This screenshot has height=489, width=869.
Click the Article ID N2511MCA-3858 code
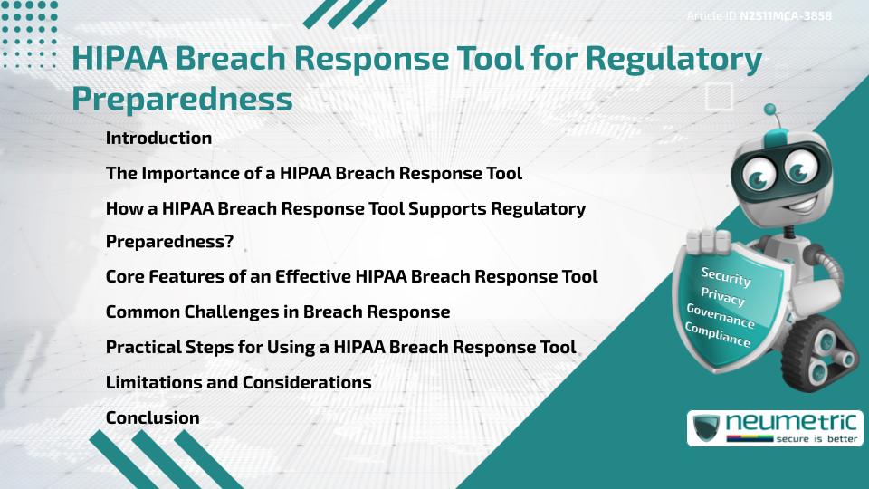click(x=785, y=16)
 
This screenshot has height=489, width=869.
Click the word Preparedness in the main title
click(x=182, y=99)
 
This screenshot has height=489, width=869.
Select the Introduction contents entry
click(x=158, y=139)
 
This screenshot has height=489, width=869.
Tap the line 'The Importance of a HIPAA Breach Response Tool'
click(x=313, y=173)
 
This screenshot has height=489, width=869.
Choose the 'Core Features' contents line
click(x=351, y=277)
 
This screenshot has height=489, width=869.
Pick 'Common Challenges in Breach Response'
click(x=277, y=312)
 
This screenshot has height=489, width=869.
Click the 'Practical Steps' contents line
click(x=340, y=347)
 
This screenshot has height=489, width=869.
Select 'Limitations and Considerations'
click(x=238, y=382)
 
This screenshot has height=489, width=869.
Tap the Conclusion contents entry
click(x=152, y=417)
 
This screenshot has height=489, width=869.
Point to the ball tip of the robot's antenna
click(x=770, y=110)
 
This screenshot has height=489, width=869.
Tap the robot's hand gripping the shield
click(x=710, y=244)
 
